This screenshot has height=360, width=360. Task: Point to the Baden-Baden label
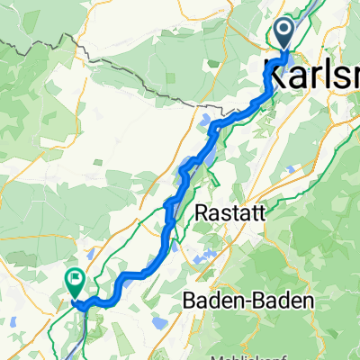pyautogui.click(x=247, y=299)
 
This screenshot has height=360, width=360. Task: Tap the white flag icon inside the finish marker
pyautogui.click(x=74, y=280)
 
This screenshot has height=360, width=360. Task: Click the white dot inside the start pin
pyautogui.click(x=284, y=31)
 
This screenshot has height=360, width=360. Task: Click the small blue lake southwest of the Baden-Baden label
pyautogui.click(x=159, y=322)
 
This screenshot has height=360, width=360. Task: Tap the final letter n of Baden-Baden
pyautogui.click(x=305, y=299)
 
